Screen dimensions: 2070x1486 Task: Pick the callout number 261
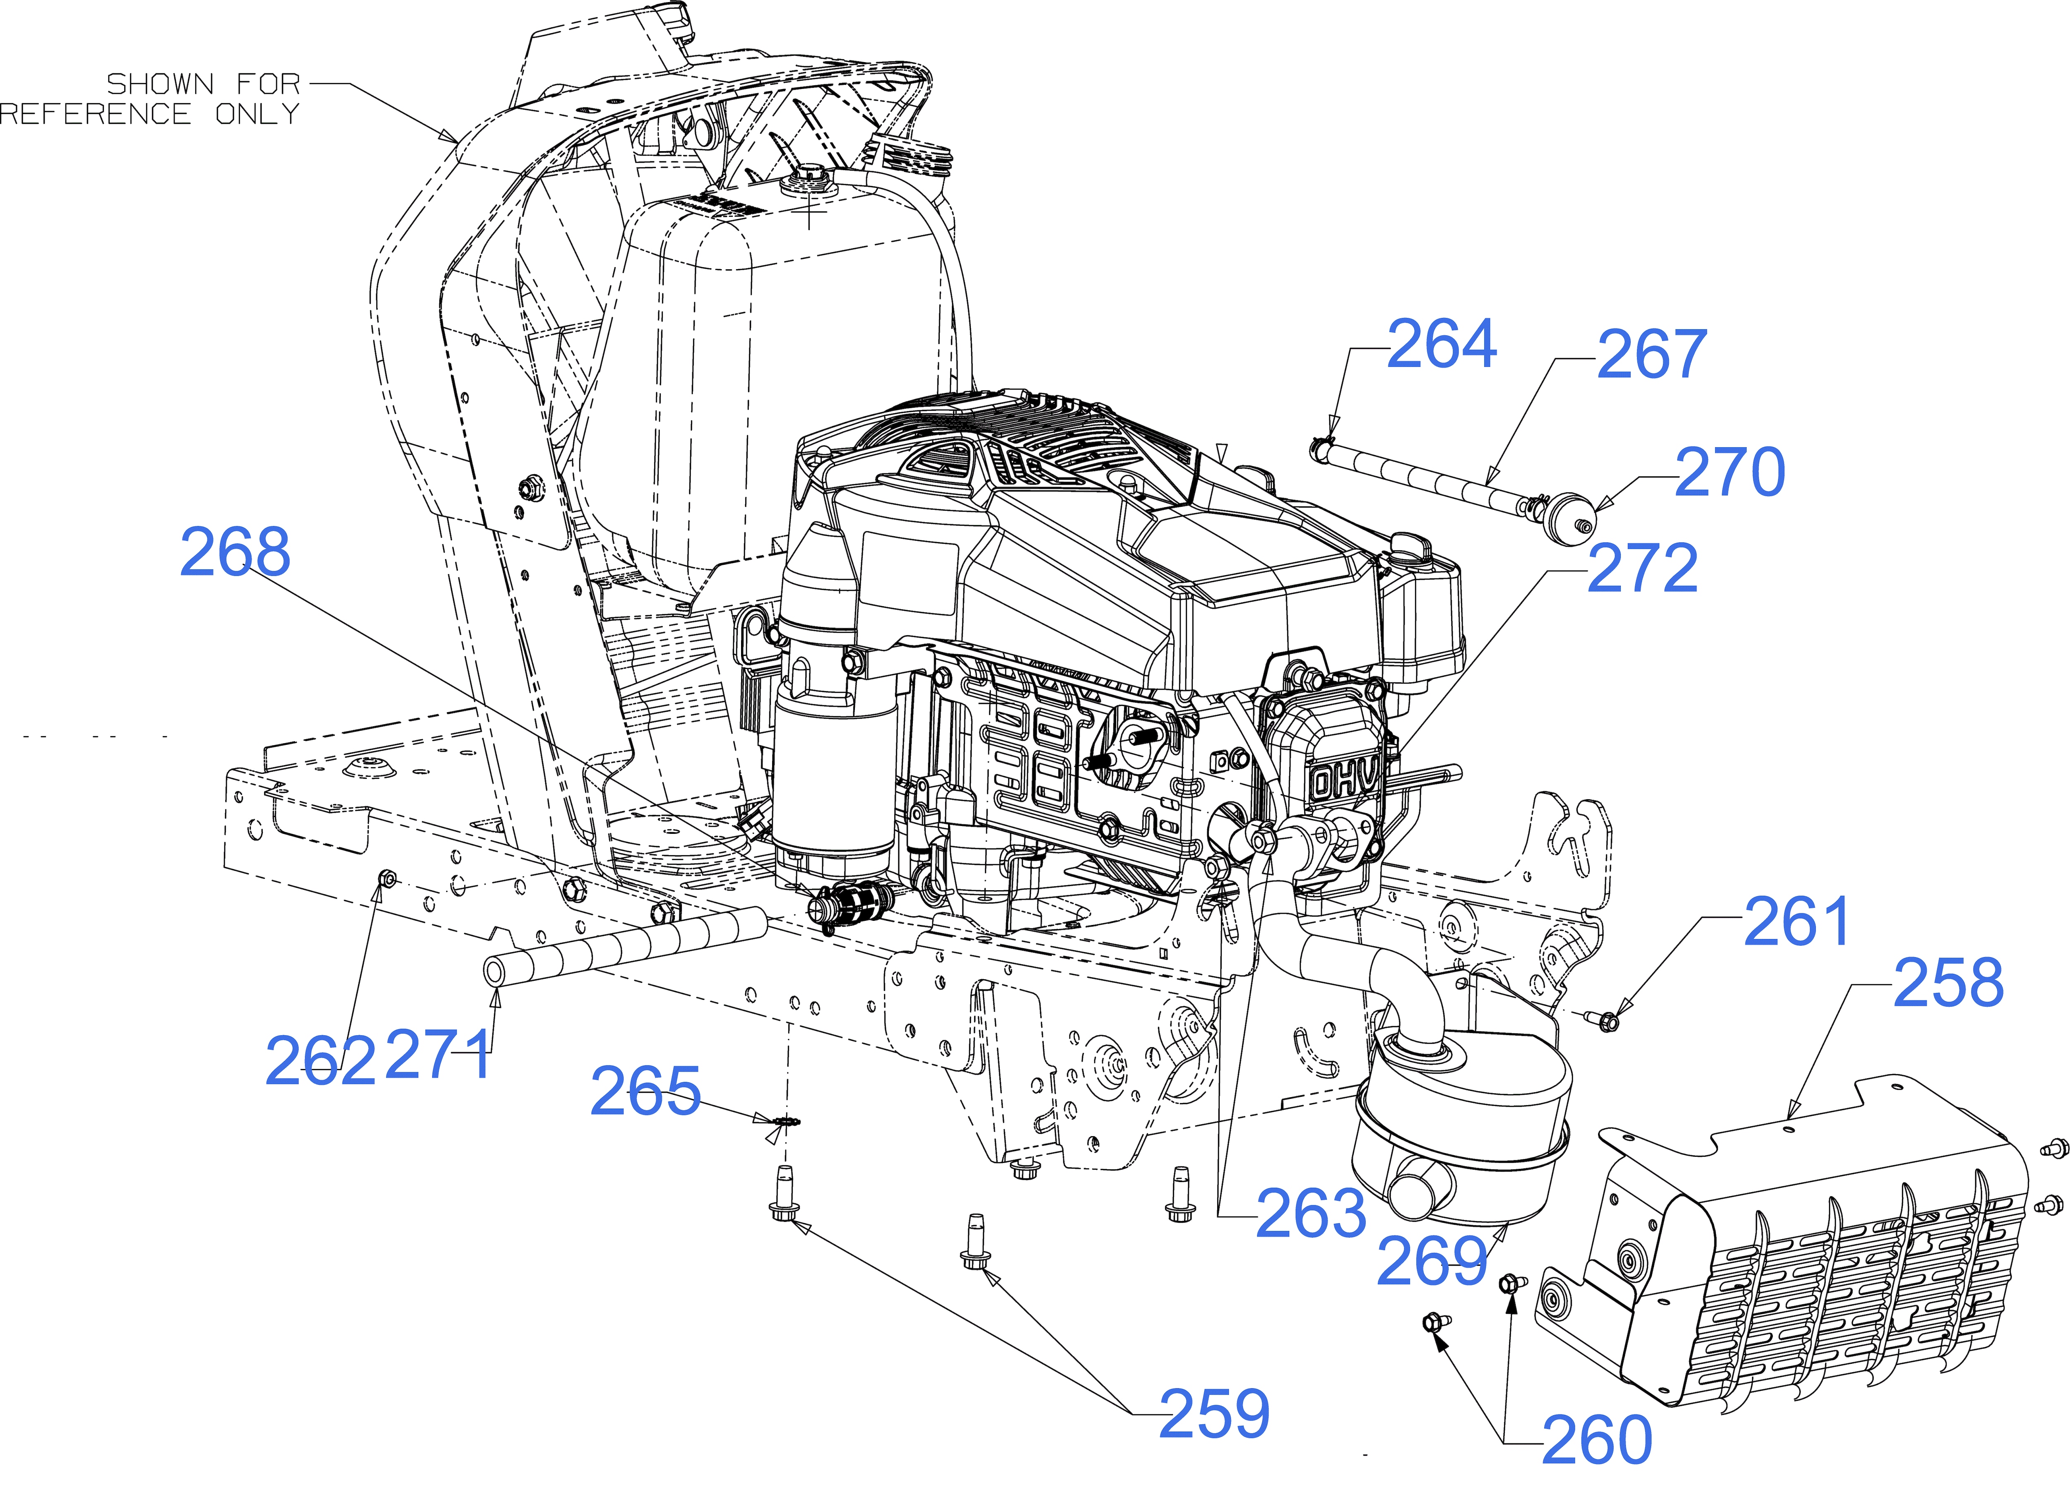[1796, 922]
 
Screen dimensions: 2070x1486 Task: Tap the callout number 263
[1312, 1213]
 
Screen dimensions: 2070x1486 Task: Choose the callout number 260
[1597, 1440]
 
